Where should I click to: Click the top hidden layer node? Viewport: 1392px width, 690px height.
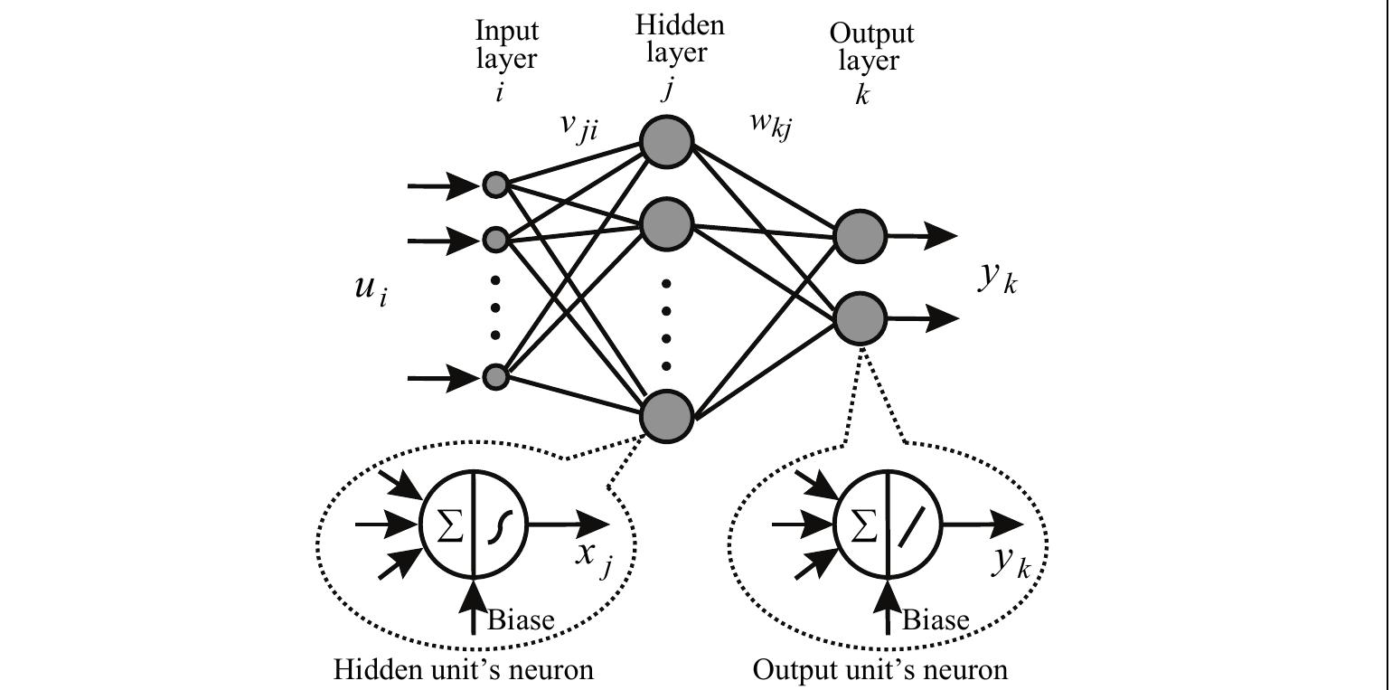(x=666, y=142)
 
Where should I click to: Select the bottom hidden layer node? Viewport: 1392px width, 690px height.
(x=666, y=415)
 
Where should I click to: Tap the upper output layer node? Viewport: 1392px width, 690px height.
(x=860, y=236)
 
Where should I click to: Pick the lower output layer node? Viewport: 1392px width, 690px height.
(x=860, y=318)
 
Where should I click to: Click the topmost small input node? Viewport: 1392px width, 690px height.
(x=495, y=185)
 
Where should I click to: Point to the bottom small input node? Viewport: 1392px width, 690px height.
(x=495, y=376)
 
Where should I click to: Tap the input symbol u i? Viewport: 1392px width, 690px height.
(x=370, y=288)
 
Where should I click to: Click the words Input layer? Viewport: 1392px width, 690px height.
(x=507, y=45)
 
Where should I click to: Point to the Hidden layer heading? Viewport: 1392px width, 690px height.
(x=679, y=39)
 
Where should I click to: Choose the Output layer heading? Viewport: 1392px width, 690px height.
(x=870, y=48)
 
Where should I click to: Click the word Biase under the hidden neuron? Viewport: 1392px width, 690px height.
(x=521, y=620)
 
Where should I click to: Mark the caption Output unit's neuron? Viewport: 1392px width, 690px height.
(x=880, y=670)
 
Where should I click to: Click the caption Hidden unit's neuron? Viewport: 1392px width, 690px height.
(x=464, y=670)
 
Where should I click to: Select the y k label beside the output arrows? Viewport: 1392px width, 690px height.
(x=998, y=279)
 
